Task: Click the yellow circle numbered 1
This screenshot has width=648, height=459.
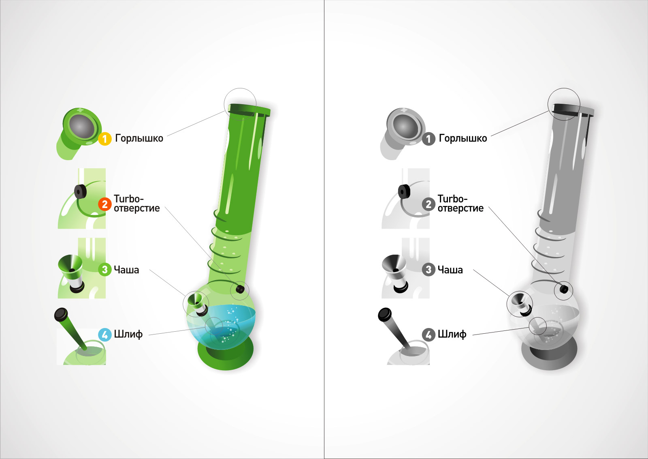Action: [x=105, y=139]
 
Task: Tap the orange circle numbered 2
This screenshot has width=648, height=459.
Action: [x=105, y=204]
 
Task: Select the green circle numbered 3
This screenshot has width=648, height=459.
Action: [x=105, y=270]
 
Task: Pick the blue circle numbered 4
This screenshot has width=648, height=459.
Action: [x=105, y=335]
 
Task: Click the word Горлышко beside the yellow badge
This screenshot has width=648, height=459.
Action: [x=139, y=138]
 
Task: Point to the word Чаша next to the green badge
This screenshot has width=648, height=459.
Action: [x=126, y=270]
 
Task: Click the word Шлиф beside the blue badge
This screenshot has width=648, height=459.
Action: [x=128, y=335]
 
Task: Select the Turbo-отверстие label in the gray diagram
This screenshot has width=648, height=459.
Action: [x=460, y=204]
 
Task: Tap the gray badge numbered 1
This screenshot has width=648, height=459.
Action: [x=428, y=139]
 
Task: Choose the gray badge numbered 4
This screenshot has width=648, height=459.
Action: [x=428, y=335]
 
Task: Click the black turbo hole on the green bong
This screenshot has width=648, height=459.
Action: [x=240, y=289]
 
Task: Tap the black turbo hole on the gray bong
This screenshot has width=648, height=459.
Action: [x=564, y=289]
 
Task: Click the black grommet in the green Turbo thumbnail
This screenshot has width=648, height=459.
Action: [x=81, y=191]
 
